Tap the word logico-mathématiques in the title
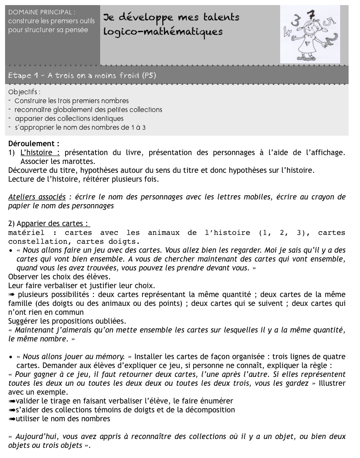163,32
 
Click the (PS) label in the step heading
148,76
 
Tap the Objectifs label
25,92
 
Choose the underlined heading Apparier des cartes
53,224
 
